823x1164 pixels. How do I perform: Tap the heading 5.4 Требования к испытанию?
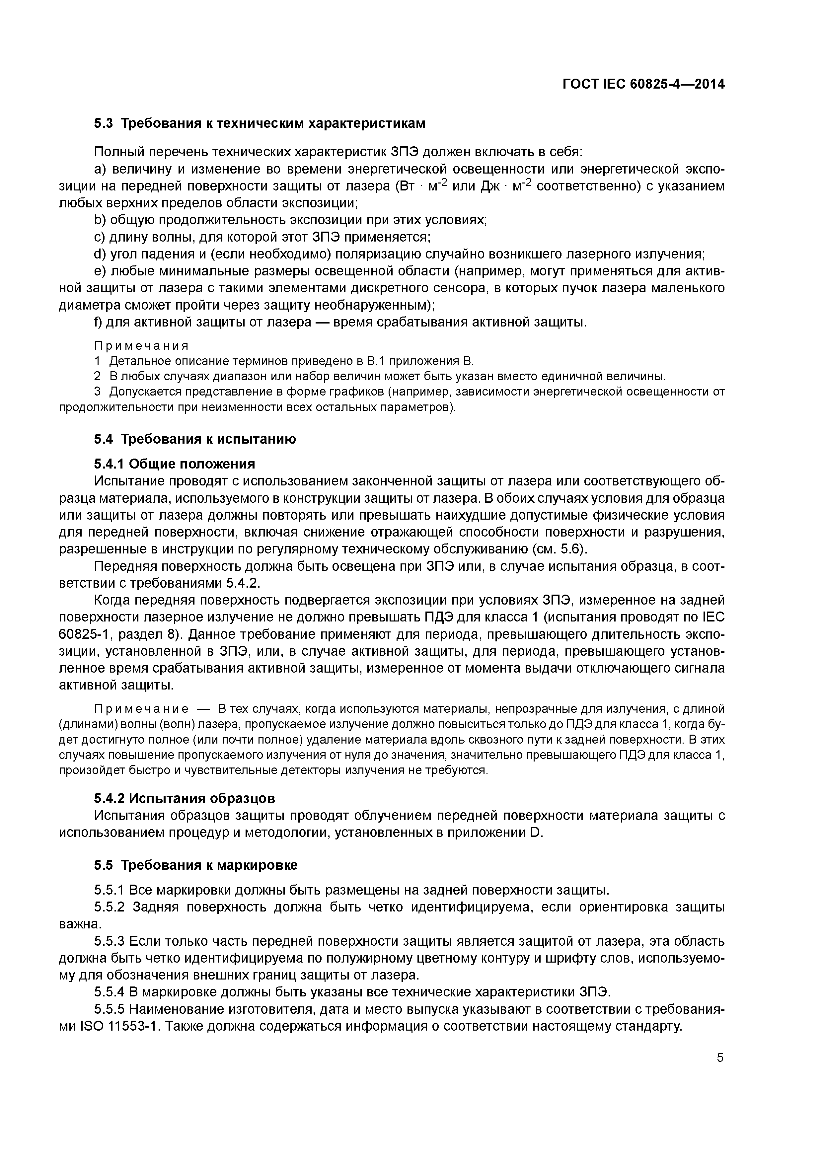[195, 439]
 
